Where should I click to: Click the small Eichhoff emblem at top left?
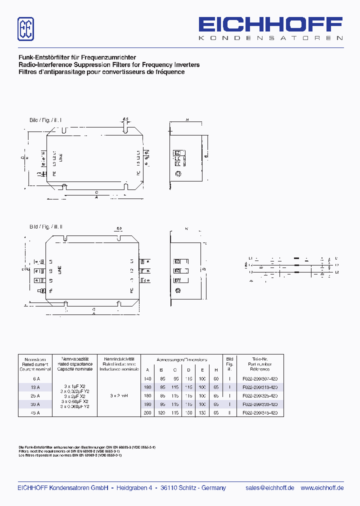click(26, 29)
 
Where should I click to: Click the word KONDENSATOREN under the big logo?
click(270, 38)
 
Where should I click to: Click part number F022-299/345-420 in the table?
click(259, 413)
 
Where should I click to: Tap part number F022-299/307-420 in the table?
click(259, 379)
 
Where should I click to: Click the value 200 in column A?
click(147, 413)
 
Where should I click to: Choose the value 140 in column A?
click(147, 379)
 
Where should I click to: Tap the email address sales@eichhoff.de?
click(270, 488)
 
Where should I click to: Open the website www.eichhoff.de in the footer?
click(322, 488)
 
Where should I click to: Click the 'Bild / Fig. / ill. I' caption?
click(45, 120)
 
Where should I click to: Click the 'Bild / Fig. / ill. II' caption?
click(46, 226)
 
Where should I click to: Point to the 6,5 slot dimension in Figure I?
click(125, 119)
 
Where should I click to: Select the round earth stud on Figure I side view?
click(177, 174)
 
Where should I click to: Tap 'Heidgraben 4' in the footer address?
click(134, 488)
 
